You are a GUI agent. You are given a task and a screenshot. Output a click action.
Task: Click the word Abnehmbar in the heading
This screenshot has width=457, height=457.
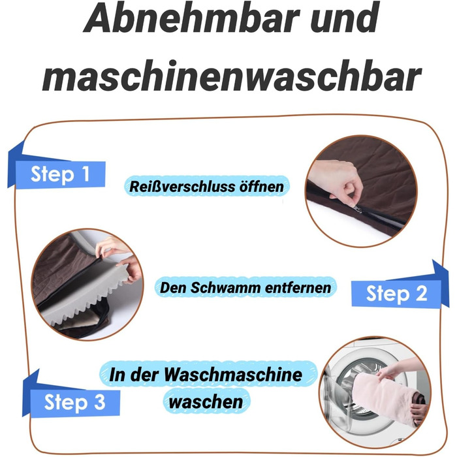pyautogui.click(x=191, y=18)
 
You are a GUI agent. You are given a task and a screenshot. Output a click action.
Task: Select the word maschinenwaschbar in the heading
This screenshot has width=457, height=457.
pyautogui.click(x=232, y=76)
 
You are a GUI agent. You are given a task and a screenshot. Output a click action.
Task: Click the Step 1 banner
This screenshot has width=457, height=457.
pyautogui.click(x=57, y=170)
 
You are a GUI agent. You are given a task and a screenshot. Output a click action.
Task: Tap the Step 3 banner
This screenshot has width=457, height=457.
pyautogui.click(x=71, y=398)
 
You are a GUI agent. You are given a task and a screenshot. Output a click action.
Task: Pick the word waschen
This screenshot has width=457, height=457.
pyautogui.click(x=206, y=402)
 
